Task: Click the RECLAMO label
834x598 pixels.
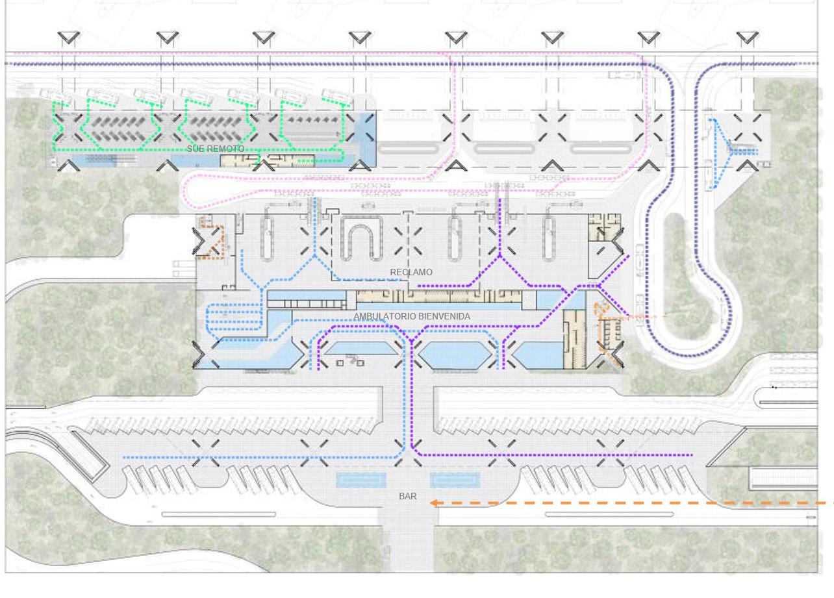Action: [411, 272]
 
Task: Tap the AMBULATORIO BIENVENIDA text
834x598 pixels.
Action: [412, 316]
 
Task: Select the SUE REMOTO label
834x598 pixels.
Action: [215, 149]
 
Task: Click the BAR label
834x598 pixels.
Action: [408, 496]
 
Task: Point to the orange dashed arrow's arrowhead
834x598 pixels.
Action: [434, 503]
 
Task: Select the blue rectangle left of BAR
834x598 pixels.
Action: [361, 480]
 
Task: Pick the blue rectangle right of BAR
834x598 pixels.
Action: [455, 480]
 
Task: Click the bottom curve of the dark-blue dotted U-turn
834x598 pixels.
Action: [689, 354]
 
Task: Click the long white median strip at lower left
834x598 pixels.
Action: [218, 514]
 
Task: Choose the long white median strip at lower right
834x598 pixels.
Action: [609, 514]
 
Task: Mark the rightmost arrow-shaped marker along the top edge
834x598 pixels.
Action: [748, 38]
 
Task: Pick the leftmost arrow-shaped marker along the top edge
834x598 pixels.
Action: [69, 38]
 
